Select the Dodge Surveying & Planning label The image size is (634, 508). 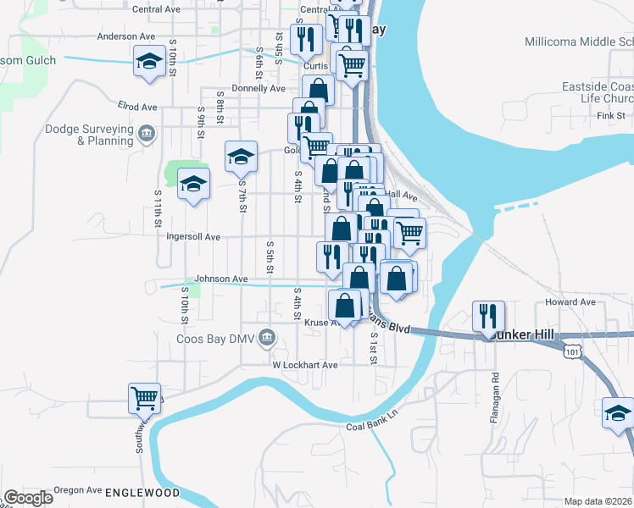coord(89,135)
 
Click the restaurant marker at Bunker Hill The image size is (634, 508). coord(488,317)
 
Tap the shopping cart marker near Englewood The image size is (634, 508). coord(145,398)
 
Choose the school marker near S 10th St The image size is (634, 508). coord(148,63)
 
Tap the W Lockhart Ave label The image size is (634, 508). coord(305,365)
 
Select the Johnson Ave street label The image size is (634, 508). coord(221,279)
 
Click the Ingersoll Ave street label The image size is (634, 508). coord(193,237)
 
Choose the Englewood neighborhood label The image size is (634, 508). coord(143,492)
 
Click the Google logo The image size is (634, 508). coord(28,498)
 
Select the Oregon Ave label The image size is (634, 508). coord(76,489)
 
